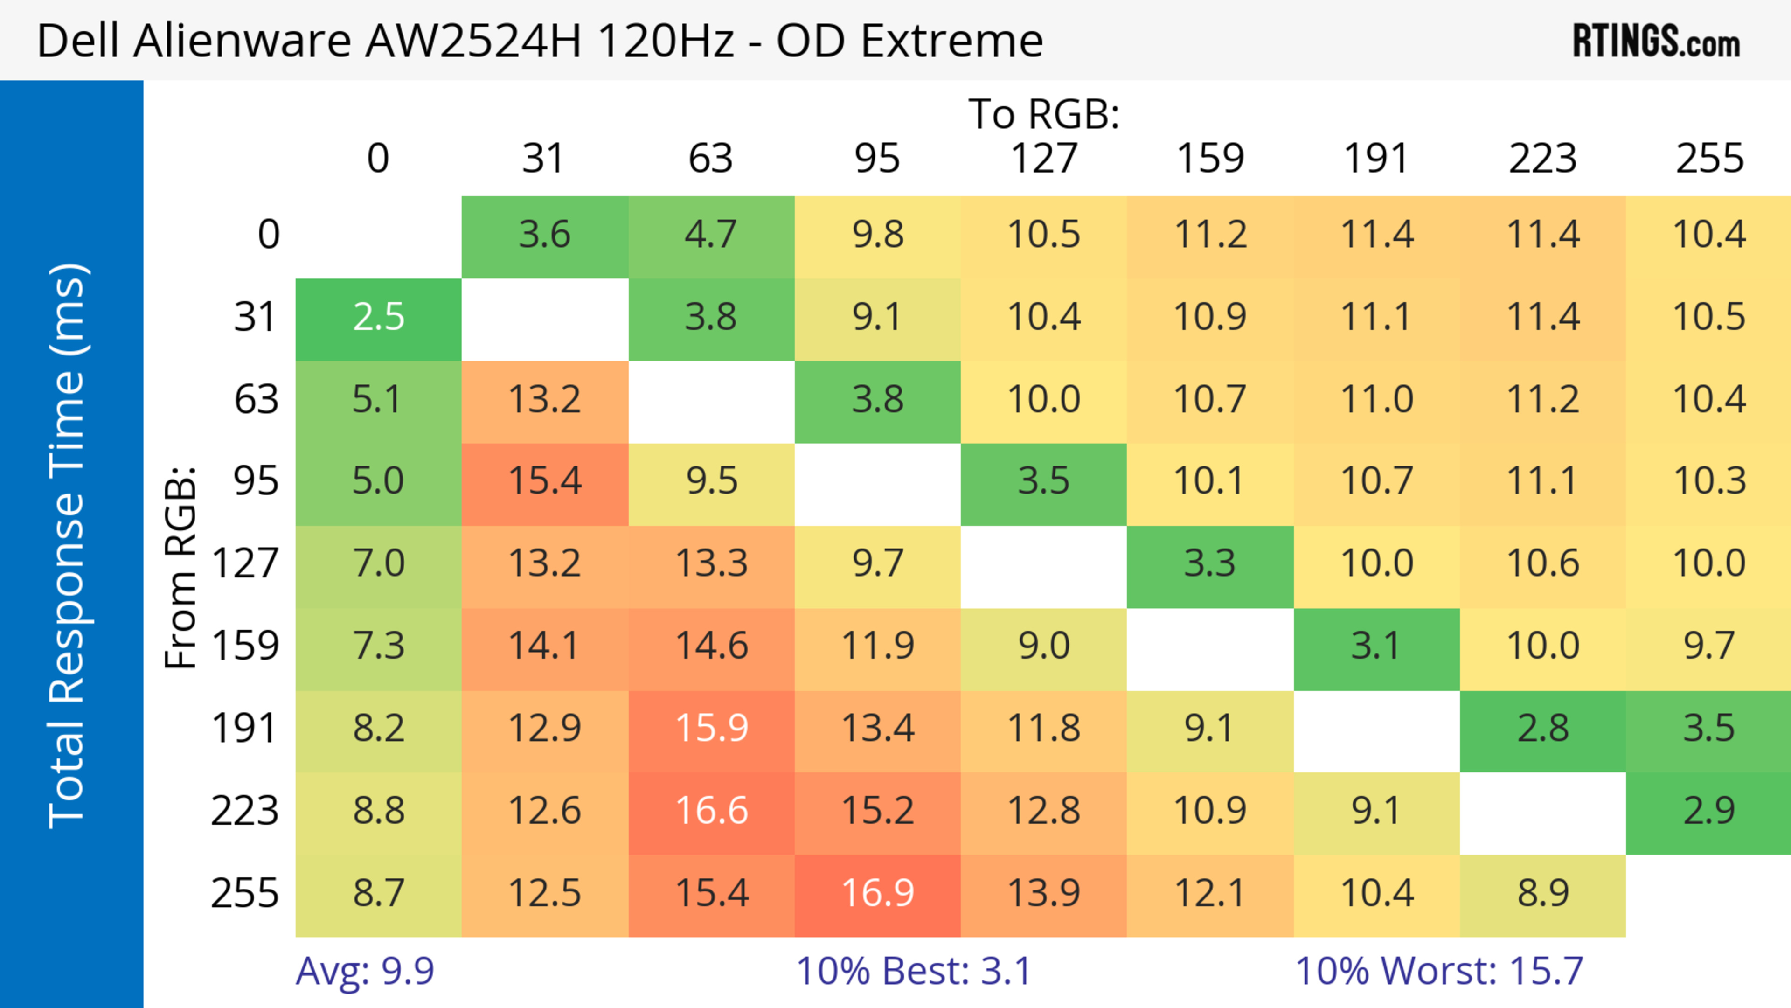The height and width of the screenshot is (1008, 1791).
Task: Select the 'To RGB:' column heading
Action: (x=1044, y=114)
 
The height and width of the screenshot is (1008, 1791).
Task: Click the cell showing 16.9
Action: (x=877, y=893)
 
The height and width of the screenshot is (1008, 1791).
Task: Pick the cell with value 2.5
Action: (x=378, y=318)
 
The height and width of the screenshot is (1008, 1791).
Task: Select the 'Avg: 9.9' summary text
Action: (x=365, y=971)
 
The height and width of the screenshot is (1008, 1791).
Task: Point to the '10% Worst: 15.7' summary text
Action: (x=1439, y=971)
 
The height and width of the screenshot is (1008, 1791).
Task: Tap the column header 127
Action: (x=1044, y=159)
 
